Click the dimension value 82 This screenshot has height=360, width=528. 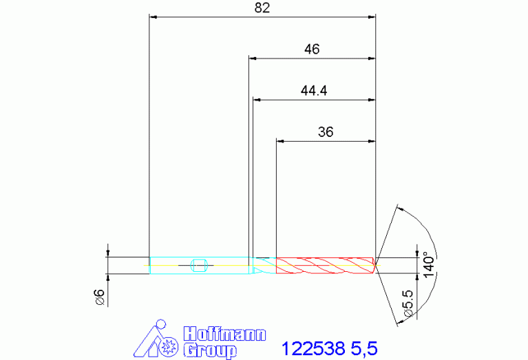262,8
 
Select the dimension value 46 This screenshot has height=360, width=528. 312,50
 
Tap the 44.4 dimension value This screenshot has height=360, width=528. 314,91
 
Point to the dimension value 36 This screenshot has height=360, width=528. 326,132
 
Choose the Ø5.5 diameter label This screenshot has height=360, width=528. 408,303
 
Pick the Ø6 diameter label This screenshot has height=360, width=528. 100,297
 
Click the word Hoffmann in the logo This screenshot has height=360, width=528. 224,334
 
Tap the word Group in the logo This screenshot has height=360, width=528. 210,350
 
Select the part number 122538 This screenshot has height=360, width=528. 313,348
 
